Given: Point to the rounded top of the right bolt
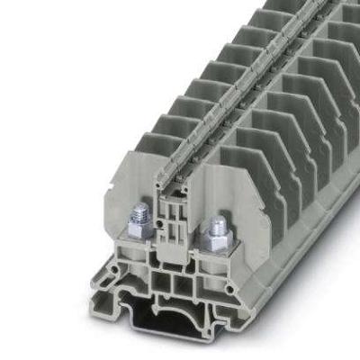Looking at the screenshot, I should tap(217, 222).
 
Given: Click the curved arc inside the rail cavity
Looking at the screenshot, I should tap(184, 324).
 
